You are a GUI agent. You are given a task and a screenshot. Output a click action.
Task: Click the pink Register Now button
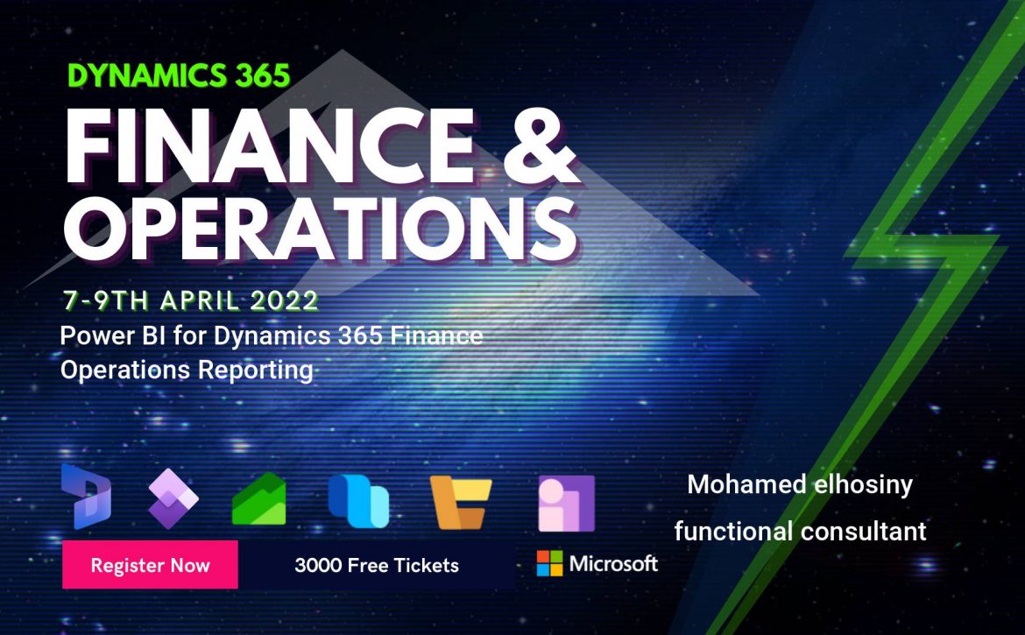click(x=151, y=564)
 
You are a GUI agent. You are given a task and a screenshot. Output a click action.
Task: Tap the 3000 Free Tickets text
click(x=377, y=565)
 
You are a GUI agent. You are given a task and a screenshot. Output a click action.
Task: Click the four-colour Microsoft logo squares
click(x=549, y=563)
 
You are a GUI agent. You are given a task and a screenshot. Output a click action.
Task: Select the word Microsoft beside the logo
click(x=613, y=563)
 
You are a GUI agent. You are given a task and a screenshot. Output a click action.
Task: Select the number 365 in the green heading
click(x=263, y=77)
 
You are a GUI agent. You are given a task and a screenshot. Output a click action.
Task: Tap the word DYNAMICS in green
click(x=148, y=77)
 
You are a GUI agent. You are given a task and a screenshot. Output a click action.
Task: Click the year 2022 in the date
click(x=285, y=300)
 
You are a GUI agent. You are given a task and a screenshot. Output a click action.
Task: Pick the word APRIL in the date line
click(x=200, y=300)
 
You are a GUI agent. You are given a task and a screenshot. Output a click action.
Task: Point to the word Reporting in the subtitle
click(x=256, y=370)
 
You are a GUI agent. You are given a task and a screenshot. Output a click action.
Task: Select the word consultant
click(x=864, y=531)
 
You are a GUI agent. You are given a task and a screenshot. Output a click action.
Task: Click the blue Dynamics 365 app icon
click(x=86, y=497)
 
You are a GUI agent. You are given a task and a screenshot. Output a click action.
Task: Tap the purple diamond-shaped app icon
click(x=173, y=498)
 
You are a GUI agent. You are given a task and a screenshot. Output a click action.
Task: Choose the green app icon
click(x=258, y=499)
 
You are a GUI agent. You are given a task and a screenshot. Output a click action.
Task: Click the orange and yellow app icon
click(x=460, y=502)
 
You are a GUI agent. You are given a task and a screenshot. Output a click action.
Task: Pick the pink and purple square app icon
click(x=566, y=503)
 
